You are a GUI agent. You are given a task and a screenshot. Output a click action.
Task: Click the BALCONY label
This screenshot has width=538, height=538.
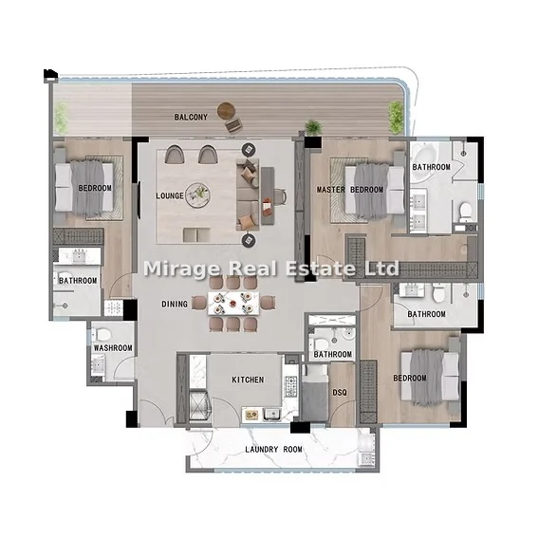coord(191,118)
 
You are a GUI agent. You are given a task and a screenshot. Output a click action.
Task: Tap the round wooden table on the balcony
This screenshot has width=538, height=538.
coord(226,110)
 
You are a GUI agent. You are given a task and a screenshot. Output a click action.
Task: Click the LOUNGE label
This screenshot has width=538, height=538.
coord(170,195)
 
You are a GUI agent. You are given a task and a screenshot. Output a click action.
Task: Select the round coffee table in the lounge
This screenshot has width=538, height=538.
coord(198,195)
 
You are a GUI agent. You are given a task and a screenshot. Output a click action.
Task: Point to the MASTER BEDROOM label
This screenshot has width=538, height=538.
coord(350,190)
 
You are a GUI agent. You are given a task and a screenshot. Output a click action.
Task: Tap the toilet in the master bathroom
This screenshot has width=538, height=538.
coord(466,212)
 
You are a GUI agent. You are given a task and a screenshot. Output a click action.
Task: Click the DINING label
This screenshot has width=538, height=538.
coord(175,304)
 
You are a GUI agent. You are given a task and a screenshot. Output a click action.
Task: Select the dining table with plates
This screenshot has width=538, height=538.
coord(233,304)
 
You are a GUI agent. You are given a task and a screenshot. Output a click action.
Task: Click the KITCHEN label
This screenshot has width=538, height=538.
coord(248,380)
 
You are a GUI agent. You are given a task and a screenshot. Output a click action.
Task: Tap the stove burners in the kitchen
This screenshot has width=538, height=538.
coord(291,387)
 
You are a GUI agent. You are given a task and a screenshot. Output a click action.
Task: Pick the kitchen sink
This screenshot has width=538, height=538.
coord(272,415)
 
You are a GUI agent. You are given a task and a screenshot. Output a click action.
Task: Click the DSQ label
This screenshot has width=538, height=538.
coord(340,393)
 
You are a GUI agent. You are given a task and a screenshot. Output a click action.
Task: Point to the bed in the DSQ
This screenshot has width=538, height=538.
coord(315,393)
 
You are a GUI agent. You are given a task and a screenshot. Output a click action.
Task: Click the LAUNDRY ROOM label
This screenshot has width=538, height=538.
coord(274,450)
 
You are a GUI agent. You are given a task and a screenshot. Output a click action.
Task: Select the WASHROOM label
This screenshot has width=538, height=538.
coord(113,348)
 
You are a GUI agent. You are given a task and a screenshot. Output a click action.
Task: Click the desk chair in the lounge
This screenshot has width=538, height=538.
coord(280,196)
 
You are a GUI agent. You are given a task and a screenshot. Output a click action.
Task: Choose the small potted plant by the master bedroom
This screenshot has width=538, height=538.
coord(313,127)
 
